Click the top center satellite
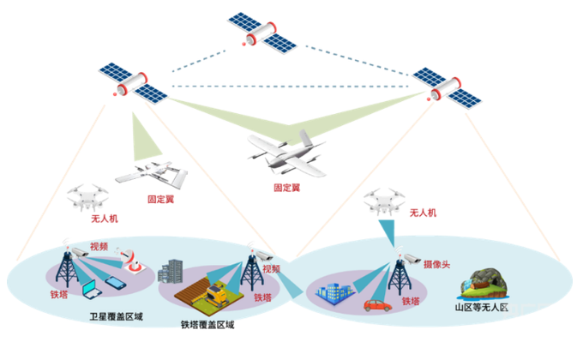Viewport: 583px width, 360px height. [261, 30]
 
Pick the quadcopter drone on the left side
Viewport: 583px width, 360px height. [88, 198]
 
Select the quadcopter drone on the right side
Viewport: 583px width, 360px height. [383, 202]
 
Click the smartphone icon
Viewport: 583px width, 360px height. [114, 285]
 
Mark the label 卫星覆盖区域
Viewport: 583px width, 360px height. [117, 316]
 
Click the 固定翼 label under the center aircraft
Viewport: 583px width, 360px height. [286, 187]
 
